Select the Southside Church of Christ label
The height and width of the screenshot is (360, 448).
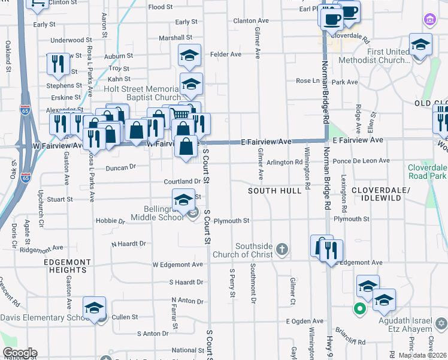(255, 250)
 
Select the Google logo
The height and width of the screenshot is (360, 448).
(19, 353)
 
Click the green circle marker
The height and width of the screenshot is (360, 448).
(359, 310)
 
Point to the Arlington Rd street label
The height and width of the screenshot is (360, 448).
(284, 162)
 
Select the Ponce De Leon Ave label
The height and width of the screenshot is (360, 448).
(361, 161)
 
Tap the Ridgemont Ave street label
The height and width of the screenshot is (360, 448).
(41, 248)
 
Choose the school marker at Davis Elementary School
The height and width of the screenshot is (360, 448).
(94, 308)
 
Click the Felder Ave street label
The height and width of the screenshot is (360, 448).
(226, 54)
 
